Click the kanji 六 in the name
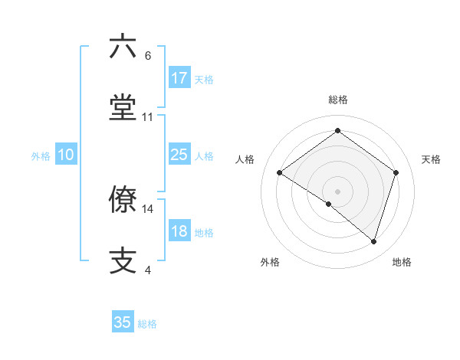coord(123,47)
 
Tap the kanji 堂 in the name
coord(123,108)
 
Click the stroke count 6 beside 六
coord(148,56)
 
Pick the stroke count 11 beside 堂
coord(148,117)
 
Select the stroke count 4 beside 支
coord(148,270)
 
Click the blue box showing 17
coord(179,78)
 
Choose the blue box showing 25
coord(179,155)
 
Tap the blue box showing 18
coord(179,231)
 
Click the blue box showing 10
coord(66,155)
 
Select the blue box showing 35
coord(123,322)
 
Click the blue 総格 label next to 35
coord(147,324)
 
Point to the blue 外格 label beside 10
coord(41,156)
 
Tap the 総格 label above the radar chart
coord(337,100)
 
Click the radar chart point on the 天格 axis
coord(396,172)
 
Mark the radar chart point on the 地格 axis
coord(373,241)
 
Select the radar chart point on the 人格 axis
coord(280,172)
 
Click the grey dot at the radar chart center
coord(337,191)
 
